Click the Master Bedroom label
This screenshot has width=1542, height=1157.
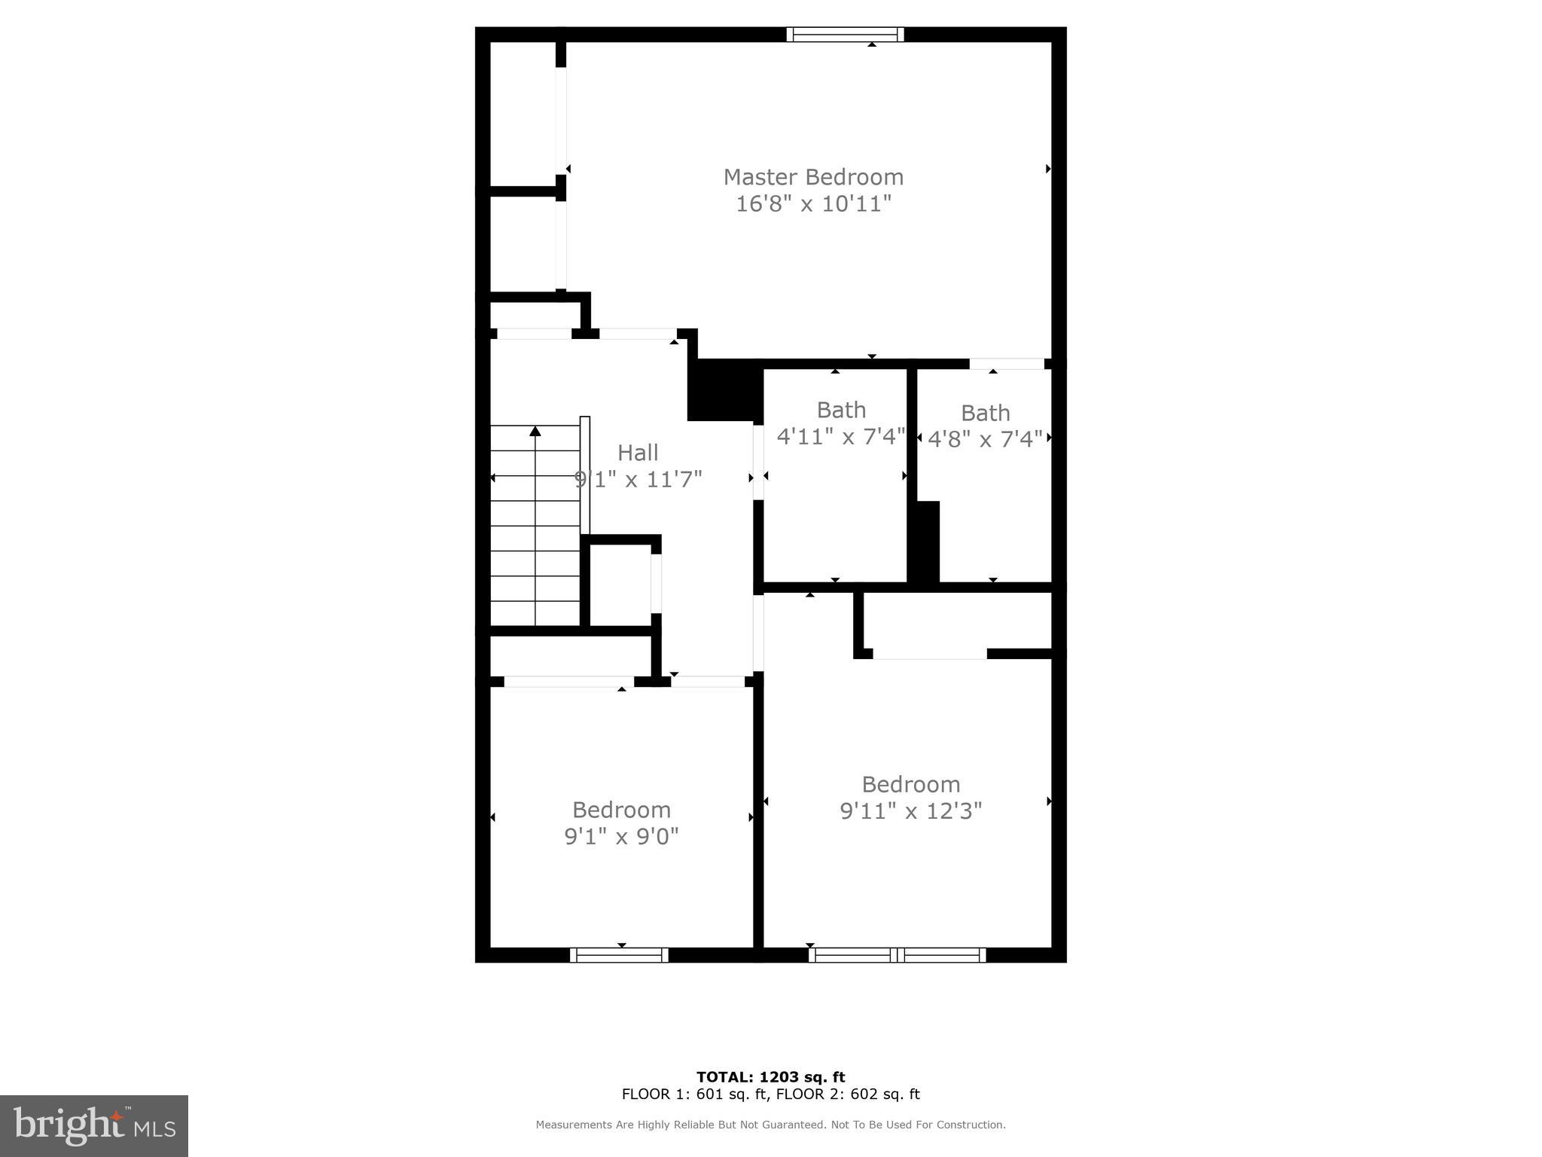(813, 177)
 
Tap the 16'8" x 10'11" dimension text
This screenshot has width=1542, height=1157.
(813, 203)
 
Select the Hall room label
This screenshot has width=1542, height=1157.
(638, 453)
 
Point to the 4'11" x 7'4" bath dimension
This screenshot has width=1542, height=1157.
(840, 437)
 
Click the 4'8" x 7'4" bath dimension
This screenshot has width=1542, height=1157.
(985, 438)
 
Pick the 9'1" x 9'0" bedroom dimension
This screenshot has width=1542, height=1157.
(621, 836)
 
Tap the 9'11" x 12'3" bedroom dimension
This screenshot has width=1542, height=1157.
(911, 811)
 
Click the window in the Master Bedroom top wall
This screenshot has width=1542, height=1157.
(845, 35)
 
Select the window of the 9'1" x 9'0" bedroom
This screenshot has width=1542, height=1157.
(619, 955)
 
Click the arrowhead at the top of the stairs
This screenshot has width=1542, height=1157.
(535, 432)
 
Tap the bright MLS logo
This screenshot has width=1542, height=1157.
(94, 1125)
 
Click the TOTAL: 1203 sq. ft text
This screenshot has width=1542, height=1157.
(770, 1077)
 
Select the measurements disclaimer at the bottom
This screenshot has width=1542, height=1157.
(770, 1125)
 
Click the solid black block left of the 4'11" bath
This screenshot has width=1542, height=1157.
(723, 390)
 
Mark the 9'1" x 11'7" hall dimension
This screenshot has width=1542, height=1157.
(638, 479)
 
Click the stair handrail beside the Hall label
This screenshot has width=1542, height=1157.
(585, 475)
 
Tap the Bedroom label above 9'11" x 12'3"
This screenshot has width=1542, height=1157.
(911, 785)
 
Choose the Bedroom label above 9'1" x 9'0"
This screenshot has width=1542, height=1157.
(621, 810)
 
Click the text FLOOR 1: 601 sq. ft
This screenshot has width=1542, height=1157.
(693, 1094)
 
